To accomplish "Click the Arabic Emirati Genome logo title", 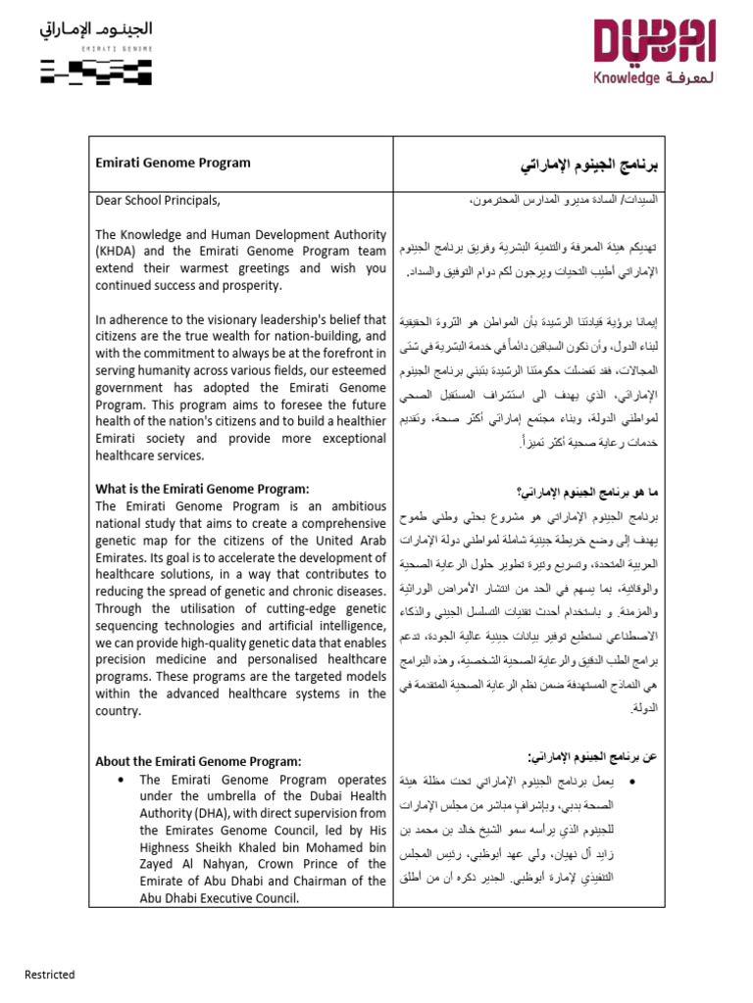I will (96, 28).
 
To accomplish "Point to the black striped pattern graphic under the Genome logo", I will (96, 72).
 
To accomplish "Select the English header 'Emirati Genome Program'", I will (173, 164).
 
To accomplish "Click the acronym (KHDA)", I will (118, 251).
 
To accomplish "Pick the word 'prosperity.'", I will (249, 285).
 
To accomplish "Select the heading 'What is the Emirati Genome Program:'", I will (201, 489).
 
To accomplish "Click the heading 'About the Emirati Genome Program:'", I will (198, 761).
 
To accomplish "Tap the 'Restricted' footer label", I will (50, 975).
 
